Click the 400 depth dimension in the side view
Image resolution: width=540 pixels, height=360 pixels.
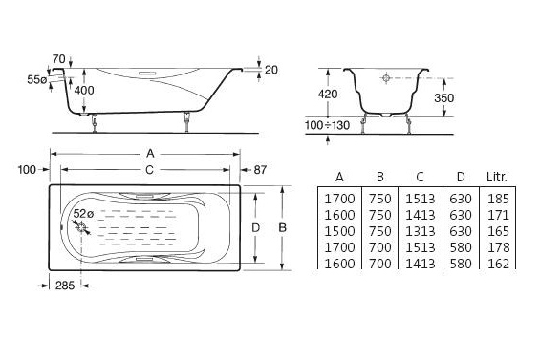click(x=84, y=90)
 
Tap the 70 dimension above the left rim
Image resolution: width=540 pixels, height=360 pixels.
click(x=59, y=59)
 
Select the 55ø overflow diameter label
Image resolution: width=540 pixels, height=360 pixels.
click(x=37, y=80)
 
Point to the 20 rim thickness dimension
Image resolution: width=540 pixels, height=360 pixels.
click(x=271, y=70)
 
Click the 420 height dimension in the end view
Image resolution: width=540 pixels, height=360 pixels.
click(x=328, y=94)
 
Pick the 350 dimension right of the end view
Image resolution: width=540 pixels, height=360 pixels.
click(x=443, y=98)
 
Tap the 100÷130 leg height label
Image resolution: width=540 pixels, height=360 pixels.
click(x=327, y=125)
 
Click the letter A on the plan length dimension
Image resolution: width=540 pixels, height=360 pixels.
click(x=150, y=153)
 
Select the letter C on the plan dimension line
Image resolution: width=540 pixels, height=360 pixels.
click(x=149, y=170)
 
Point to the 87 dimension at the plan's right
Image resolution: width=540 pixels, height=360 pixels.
click(x=260, y=170)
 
